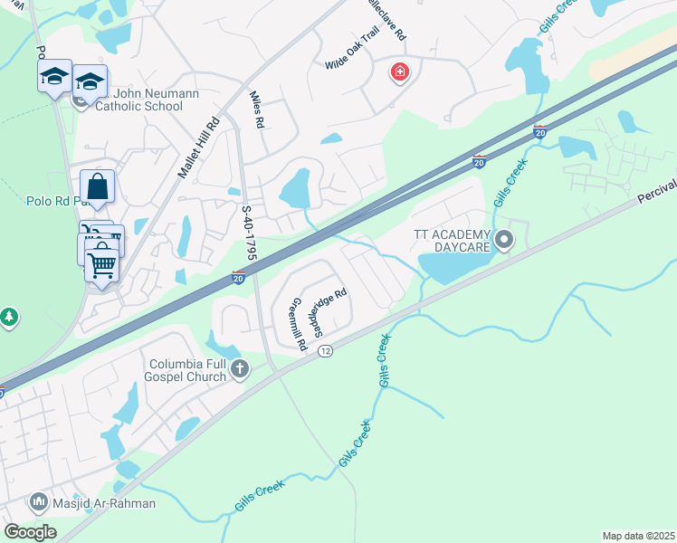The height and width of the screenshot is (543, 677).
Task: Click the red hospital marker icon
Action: pos(398,71)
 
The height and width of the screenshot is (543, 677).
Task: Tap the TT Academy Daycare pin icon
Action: pos(504,240)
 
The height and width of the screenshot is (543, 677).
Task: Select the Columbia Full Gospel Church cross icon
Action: pos(240,368)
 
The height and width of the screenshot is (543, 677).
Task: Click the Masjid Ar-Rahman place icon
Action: pos(39,501)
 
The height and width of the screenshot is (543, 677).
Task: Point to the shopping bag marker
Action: pos(98,188)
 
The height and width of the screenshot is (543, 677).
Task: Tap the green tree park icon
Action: pos(9,317)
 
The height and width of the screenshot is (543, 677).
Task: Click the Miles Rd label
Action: pos(256,110)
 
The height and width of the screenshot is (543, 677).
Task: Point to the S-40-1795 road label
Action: pos(249,233)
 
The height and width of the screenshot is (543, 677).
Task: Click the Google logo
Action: pos(31,532)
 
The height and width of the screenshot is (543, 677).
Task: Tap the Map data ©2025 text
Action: pos(637,536)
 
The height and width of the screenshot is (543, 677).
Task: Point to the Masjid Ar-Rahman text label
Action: pos(103,503)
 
